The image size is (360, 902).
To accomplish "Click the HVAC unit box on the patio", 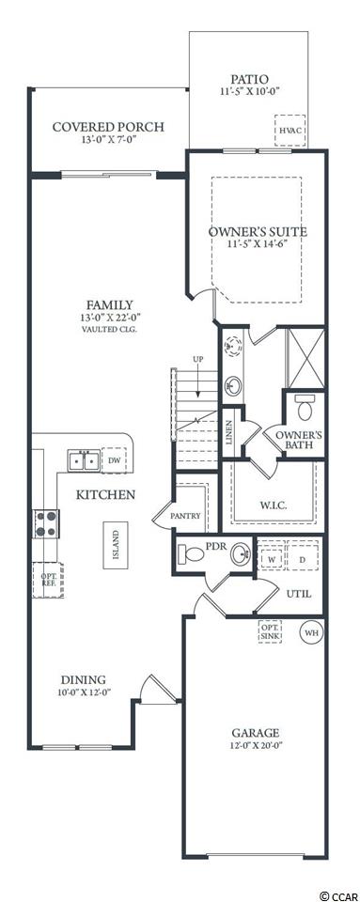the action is [x=290, y=132].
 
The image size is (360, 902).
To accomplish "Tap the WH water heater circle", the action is [x=311, y=632].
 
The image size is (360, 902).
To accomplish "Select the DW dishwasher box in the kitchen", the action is [x=114, y=460].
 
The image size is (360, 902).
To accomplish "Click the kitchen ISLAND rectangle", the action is [x=116, y=545].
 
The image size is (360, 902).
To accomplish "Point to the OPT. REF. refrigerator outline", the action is [x=47, y=580].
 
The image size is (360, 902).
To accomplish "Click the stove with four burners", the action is [x=46, y=523].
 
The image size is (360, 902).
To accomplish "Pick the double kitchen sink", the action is [x=84, y=460].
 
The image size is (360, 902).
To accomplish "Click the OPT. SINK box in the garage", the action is [x=270, y=631].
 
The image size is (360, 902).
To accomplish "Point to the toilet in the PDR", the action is [x=191, y=554].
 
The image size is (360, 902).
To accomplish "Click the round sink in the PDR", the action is [x=241, y=554].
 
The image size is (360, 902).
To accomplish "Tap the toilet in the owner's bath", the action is [x=304, y=408].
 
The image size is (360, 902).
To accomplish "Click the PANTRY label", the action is [x=186, y=516].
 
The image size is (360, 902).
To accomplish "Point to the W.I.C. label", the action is [x=273, y=506].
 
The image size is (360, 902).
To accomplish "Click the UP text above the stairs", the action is [x=198, y=359].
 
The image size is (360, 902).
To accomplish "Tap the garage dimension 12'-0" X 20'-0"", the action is [x=256, y=745].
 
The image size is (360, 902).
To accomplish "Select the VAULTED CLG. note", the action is [x=109, y=330].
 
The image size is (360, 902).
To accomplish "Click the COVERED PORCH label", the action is [x=109, y=127].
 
